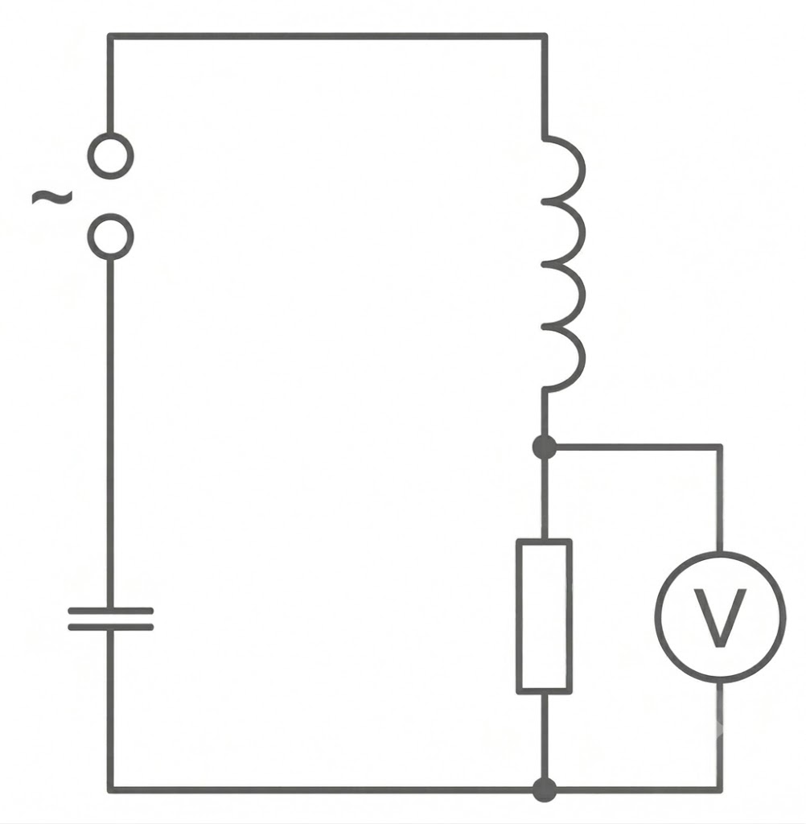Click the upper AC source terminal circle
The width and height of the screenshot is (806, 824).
point(110,135)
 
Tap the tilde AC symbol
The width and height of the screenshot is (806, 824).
point(52,197)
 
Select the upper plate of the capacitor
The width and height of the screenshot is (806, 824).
point(110,611)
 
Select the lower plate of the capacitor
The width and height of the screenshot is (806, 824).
point(110,627)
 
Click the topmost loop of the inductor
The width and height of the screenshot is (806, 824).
point(582,168)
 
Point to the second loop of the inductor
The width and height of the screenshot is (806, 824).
point(582,233)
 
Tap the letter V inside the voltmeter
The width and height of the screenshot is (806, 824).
point(720,617)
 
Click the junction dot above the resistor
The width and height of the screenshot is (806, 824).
point(545,447)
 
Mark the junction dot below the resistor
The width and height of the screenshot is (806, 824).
point(545,790)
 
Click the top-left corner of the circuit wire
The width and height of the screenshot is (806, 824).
point(110,36)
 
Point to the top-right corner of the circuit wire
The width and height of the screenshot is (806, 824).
point(545,36)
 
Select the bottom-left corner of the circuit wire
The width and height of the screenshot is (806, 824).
point(110,790)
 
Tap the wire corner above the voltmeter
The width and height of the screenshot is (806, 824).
point(719,447)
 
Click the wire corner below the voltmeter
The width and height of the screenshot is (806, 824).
point(719,790)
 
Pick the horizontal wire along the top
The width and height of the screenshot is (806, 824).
point(327,36)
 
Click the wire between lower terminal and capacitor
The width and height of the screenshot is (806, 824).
point(110,434)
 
